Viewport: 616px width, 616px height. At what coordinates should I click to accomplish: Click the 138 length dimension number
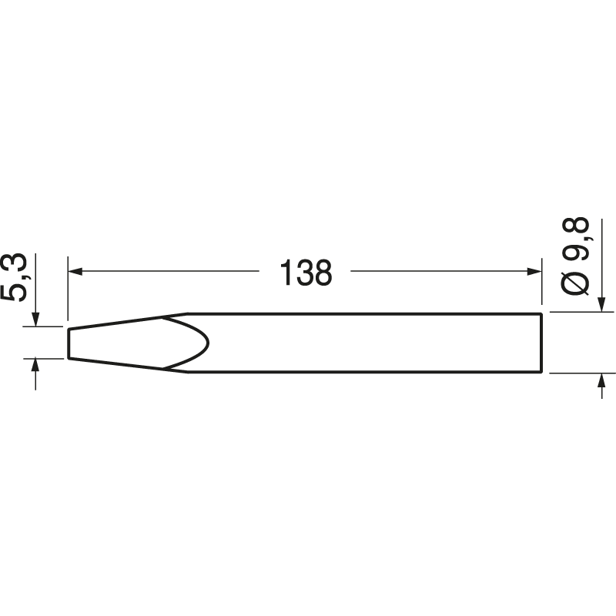(305, 273)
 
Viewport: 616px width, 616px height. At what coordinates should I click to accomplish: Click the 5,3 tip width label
(18, 279)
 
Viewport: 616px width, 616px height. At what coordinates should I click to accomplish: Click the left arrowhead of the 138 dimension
(75, 270)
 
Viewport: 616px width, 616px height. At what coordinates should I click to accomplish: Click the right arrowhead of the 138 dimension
(535, 270)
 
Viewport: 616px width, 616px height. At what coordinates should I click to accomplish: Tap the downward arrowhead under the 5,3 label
(35, 320)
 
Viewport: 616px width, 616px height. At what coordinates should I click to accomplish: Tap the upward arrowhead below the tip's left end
(35, 366)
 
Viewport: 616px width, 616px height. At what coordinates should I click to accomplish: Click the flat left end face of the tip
(69, 343)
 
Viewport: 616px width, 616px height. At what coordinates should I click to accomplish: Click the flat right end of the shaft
(541, 343)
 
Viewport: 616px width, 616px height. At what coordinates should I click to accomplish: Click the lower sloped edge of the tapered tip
(115, 364)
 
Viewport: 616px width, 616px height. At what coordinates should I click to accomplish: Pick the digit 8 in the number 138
(323, 273)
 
